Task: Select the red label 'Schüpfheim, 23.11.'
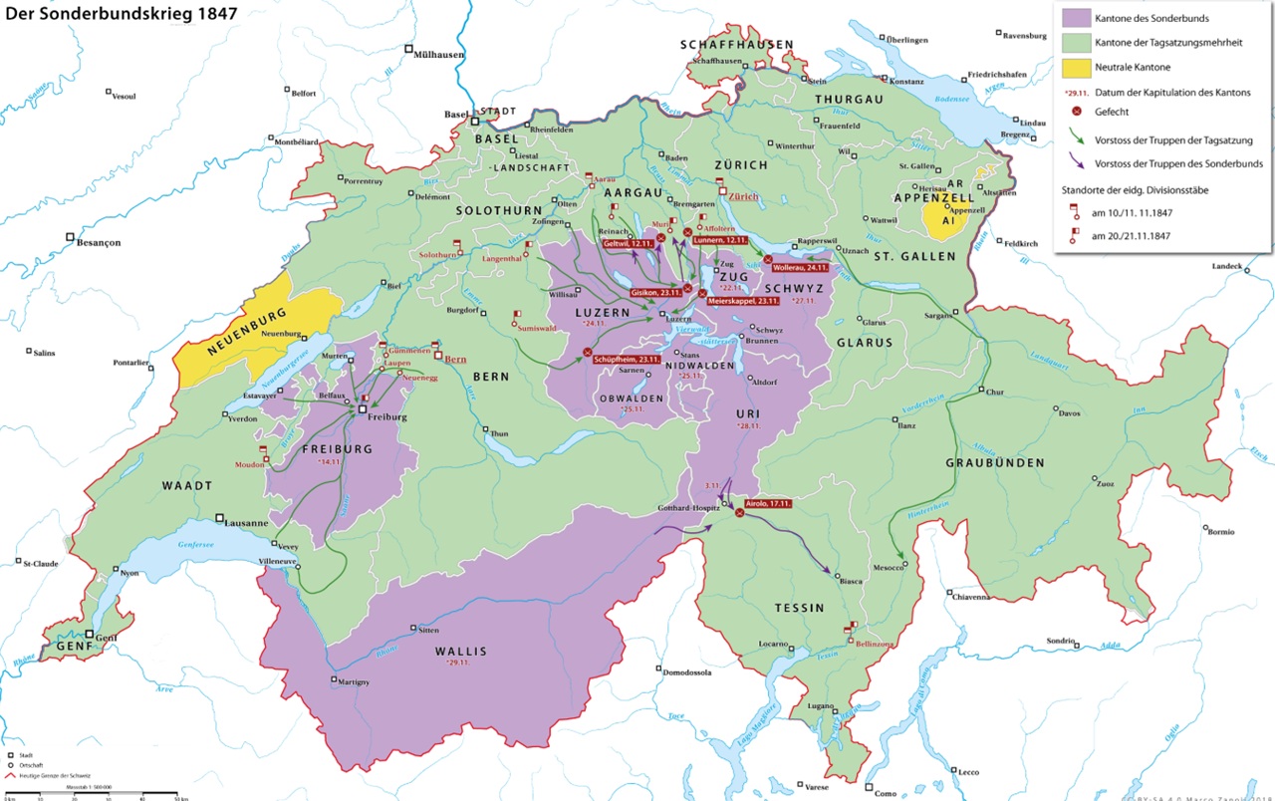click(x=628, y=360)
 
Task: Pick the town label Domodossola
click(x=687, y=671)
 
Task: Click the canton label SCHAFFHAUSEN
click(x=737, y=45)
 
